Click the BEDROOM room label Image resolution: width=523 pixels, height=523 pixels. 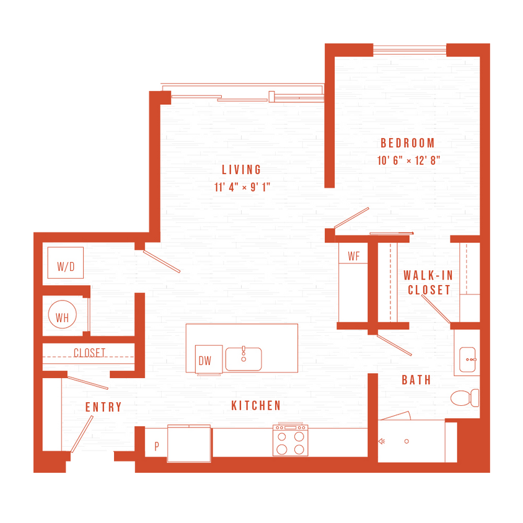tap(408, 143)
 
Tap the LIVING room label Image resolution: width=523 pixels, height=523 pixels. tap(242, 170)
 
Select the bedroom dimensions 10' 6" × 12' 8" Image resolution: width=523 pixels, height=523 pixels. tap(409, 160)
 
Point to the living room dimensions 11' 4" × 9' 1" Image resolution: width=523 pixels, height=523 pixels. tap(243, 188)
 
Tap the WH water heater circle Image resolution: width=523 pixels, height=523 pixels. tap(62, 317)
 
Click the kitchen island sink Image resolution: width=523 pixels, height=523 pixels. tap(244, 359)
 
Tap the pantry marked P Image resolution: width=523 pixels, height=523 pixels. tap(156, 446)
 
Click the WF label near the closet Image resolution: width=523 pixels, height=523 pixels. tap(354, 255)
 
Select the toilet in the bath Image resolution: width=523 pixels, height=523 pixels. tap(464, 397)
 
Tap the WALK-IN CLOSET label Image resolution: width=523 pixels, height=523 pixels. tap(427, 282)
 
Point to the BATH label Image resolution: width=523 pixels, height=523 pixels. tap(416, 380)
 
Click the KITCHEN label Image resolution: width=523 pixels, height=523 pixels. tap(256, 406)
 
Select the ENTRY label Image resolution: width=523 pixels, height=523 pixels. tap(103, 407)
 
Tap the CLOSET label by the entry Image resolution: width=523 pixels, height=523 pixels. tap(89, 353)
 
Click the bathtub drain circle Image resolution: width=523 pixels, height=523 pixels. tap(407, 441)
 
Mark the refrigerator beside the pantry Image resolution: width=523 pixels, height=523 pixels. tap(189, 444)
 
